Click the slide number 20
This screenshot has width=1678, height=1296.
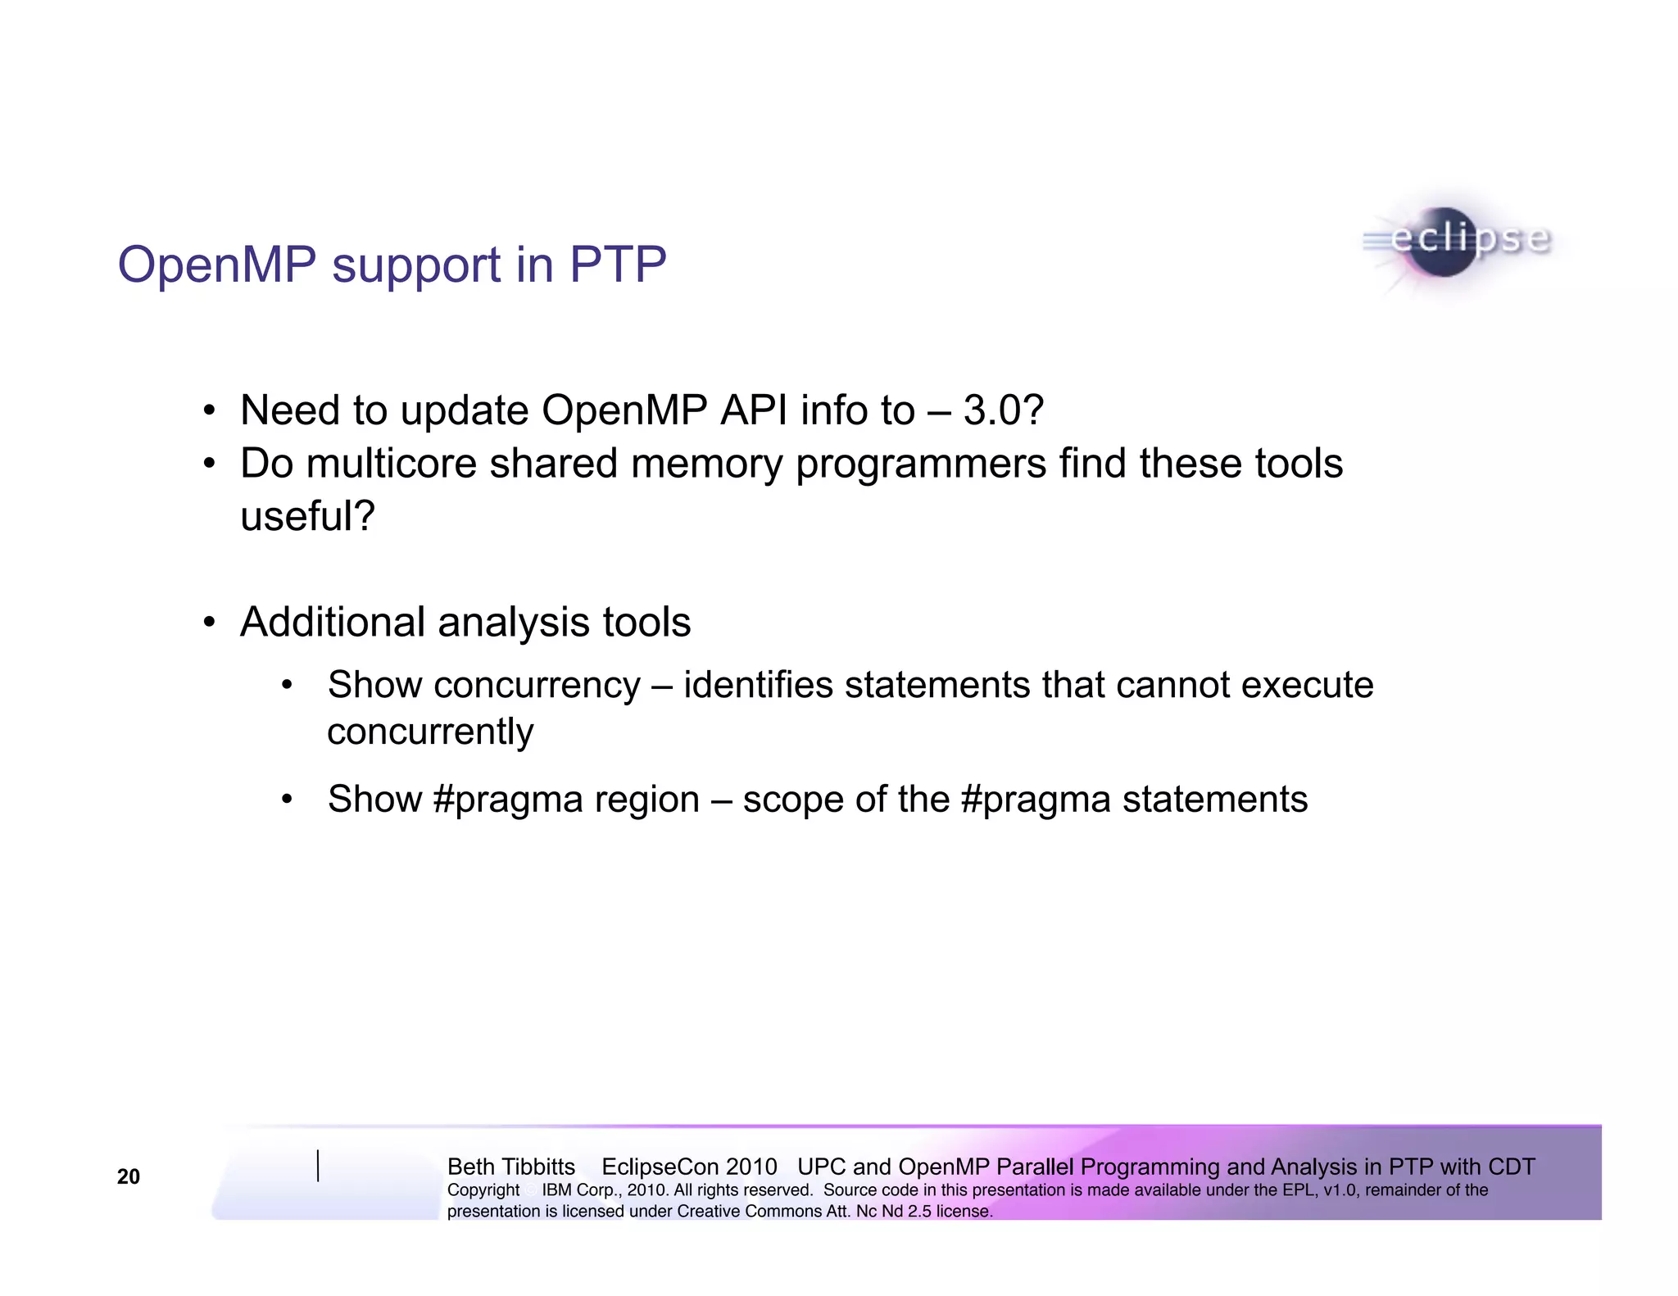[129, 1176]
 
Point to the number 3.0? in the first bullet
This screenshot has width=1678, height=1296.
[1003, 410]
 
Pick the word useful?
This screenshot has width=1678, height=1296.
[307, 516]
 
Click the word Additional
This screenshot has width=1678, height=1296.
[332, 623]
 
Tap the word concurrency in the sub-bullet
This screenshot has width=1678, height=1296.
[537, 686]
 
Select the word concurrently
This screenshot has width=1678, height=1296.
[430, 732]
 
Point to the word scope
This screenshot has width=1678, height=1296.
[792, 800]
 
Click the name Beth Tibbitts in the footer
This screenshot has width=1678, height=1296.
[511, 1167]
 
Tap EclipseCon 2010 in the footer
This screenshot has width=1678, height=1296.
[689, 1167]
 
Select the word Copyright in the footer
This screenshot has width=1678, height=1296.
[483, 1190]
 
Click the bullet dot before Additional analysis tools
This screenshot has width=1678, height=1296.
[210, 623]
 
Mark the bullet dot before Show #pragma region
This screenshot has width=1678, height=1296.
[287, 800]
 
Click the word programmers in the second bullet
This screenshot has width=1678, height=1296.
[921, 464]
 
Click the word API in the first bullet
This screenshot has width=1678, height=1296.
[753, 410]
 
